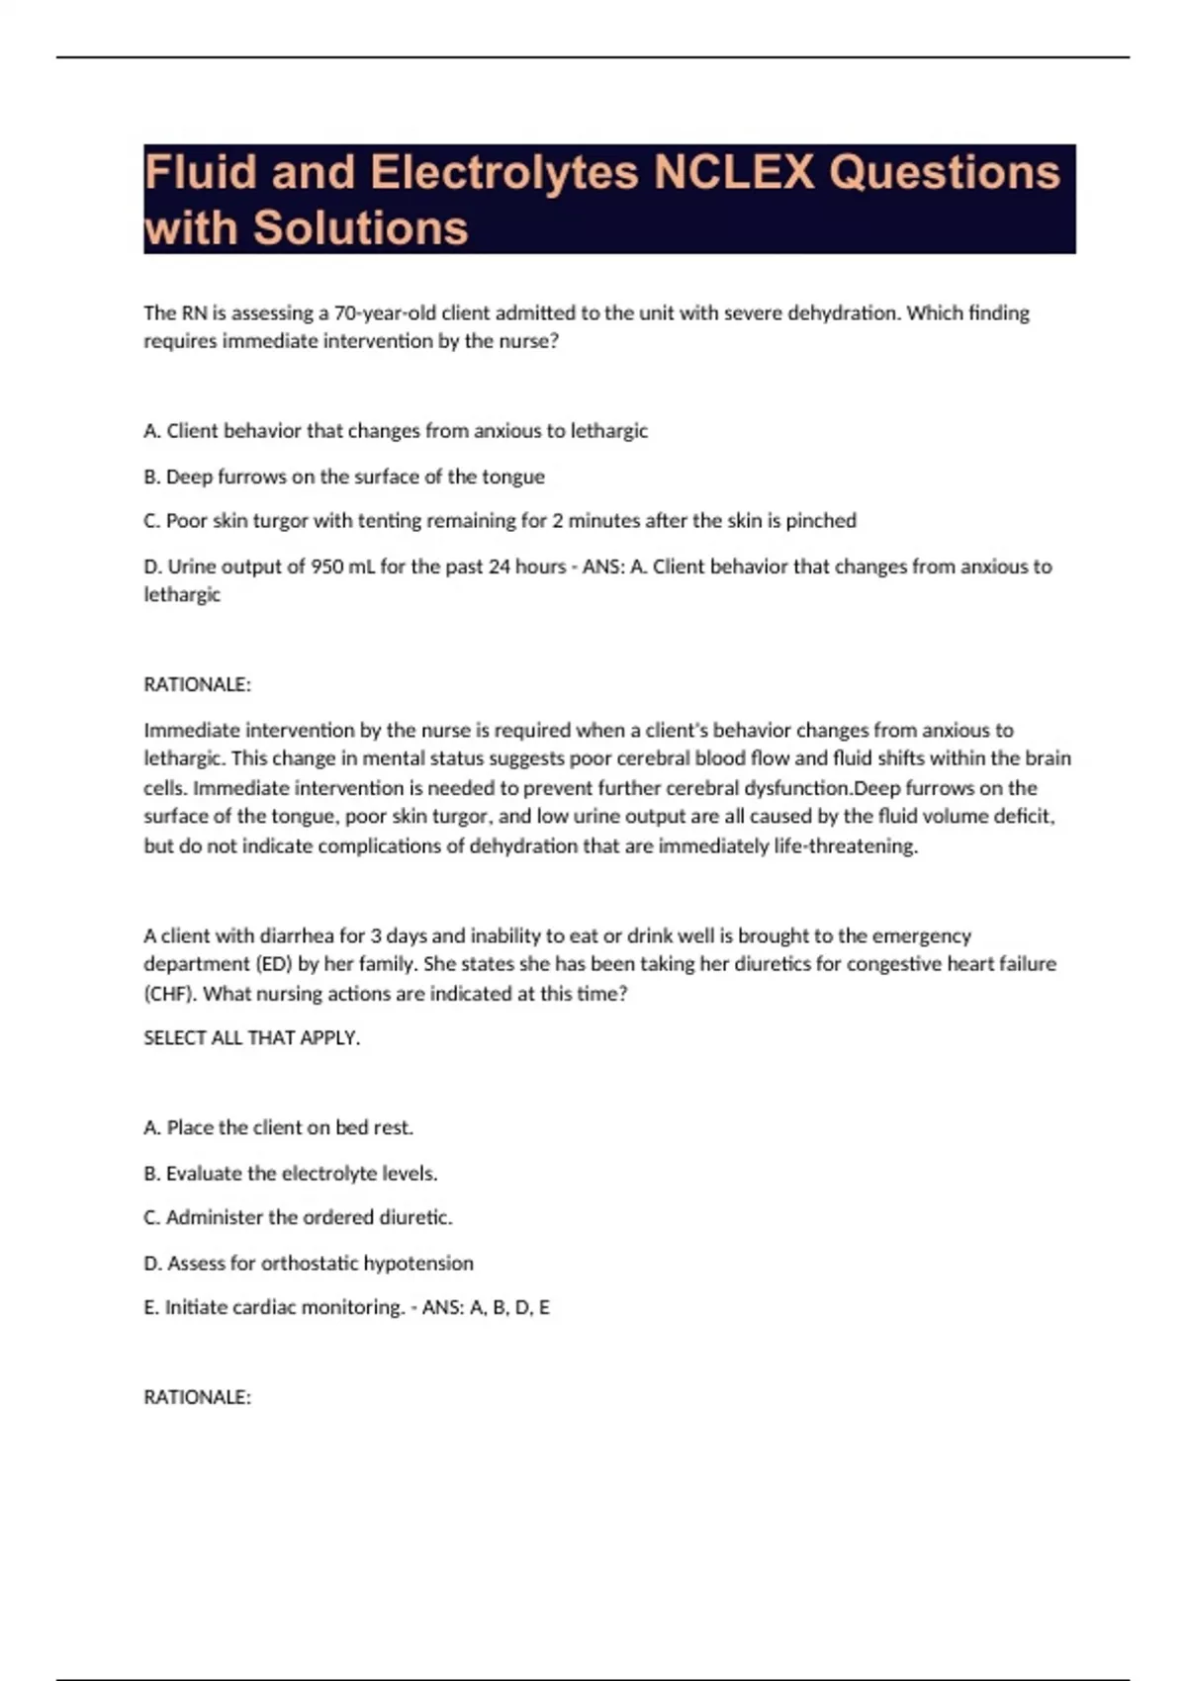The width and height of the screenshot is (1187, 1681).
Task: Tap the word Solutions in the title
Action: (x=360, y=227)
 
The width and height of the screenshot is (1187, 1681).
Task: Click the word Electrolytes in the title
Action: (x=503, y=172)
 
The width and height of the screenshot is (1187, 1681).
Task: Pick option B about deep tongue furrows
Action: (x=344, y=477)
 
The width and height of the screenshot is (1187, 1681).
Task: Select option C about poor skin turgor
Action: (x=500, y=521)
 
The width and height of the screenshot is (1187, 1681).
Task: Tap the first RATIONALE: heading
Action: (x=198, y=684)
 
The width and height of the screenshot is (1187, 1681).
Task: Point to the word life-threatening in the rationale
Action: (x=845, y=846)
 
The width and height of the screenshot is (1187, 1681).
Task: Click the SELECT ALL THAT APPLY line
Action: (x=252, y=1038)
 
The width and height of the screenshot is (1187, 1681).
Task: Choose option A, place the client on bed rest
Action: (x=278, y=1128)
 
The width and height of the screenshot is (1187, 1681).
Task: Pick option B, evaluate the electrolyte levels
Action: (x=290, y=1174)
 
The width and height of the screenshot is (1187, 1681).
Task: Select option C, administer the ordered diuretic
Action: (x=298, y=1218)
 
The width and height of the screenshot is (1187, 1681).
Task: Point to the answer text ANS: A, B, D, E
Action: (x=486, y=1307)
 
